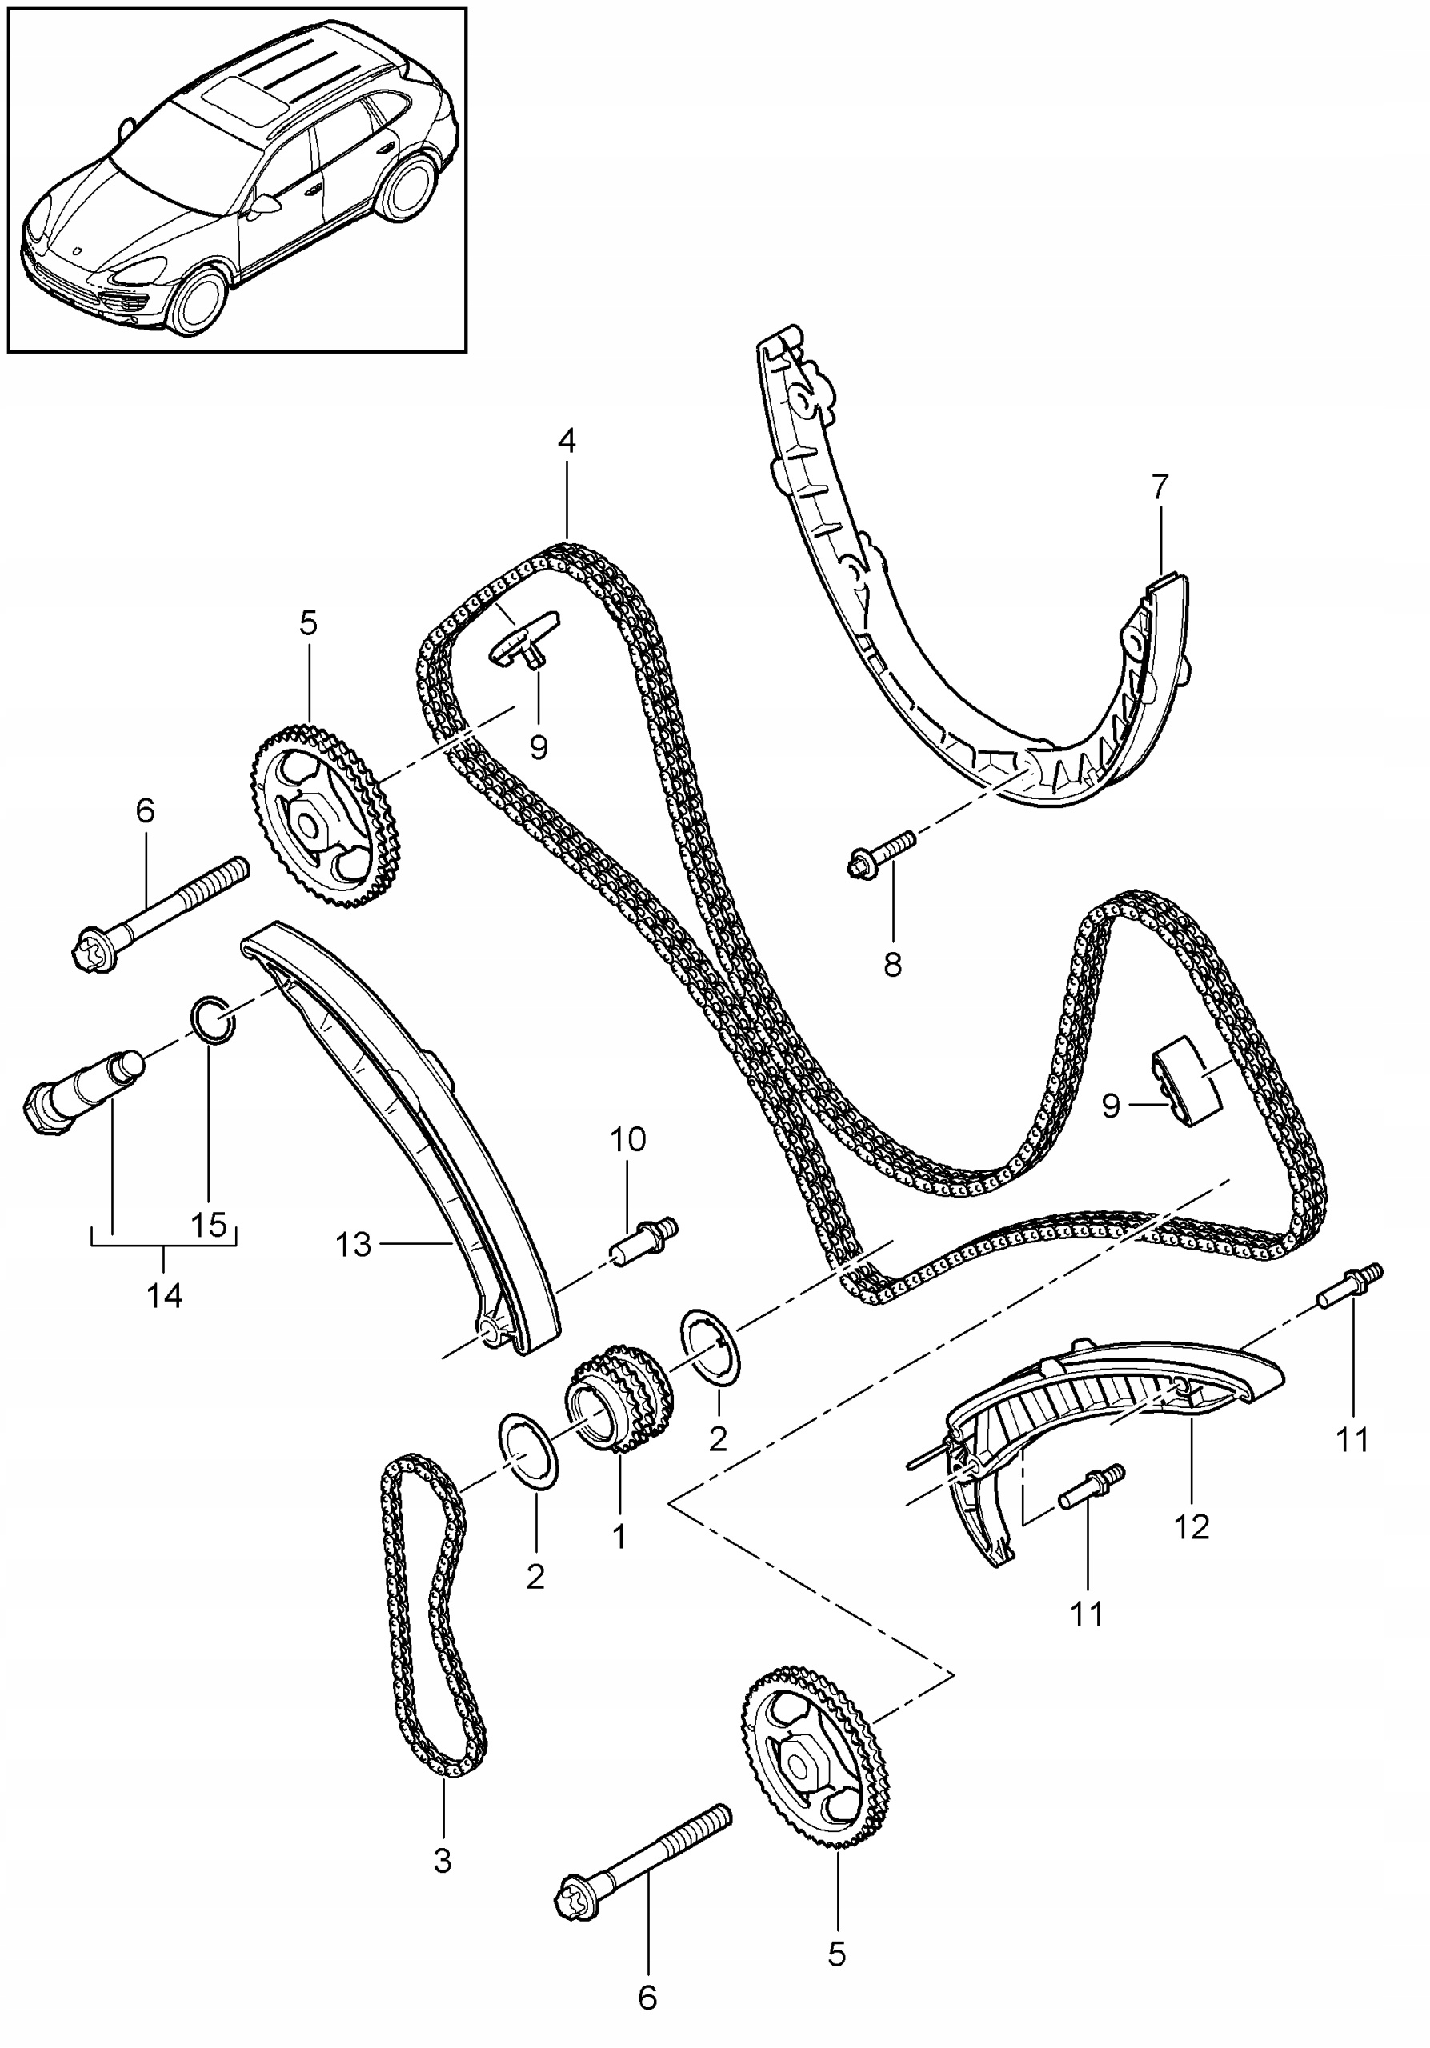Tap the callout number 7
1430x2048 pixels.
pyautogui.click(x=1159, y=488)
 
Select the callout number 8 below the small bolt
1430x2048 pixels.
pyautogui.click(x=892, y=964)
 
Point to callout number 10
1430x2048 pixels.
pyautogui.click(x=627, y=1139)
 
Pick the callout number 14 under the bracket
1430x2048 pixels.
pyautogui.click(x=165, y=1294)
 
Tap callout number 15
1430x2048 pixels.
pyautogui.click(x=209, y=1225)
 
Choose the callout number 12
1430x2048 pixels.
pyautogui.click(x=1192, y=1526)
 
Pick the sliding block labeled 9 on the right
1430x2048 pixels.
pyautogui.click(x=1186, y=1082)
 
